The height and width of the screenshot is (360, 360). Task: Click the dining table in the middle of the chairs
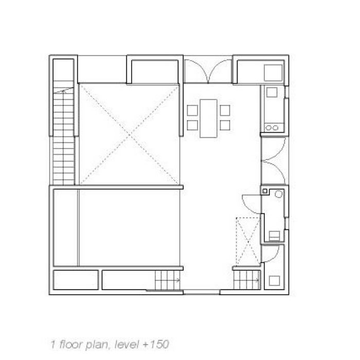click(x=208, y=118)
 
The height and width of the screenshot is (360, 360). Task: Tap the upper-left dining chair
click(x=192, y=111)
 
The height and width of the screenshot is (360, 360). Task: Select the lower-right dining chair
click(x=225, y=125)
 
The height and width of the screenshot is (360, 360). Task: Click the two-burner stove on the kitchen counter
click(x=272, y=128)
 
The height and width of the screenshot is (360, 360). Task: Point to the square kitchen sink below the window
click(x=272, y=92)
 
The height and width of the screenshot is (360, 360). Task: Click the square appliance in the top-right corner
click(x=273, y=73)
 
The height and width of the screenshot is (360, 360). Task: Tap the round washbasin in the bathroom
click(x=279, y=194)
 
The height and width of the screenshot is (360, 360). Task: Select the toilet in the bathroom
click(x=274, y=236)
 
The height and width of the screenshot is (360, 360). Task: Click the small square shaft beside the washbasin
click(x=265, y=191)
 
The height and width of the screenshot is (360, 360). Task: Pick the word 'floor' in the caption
click(x=71, y=345)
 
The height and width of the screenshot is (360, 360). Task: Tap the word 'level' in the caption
click(x=127, y=345)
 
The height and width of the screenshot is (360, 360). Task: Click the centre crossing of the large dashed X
click(x=129, y=135)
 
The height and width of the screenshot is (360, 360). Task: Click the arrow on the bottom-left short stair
click(x=177, y=280)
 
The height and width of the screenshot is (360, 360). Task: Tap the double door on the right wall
click(x=274, y=160)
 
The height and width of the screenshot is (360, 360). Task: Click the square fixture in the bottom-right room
click(x=274, y=281)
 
